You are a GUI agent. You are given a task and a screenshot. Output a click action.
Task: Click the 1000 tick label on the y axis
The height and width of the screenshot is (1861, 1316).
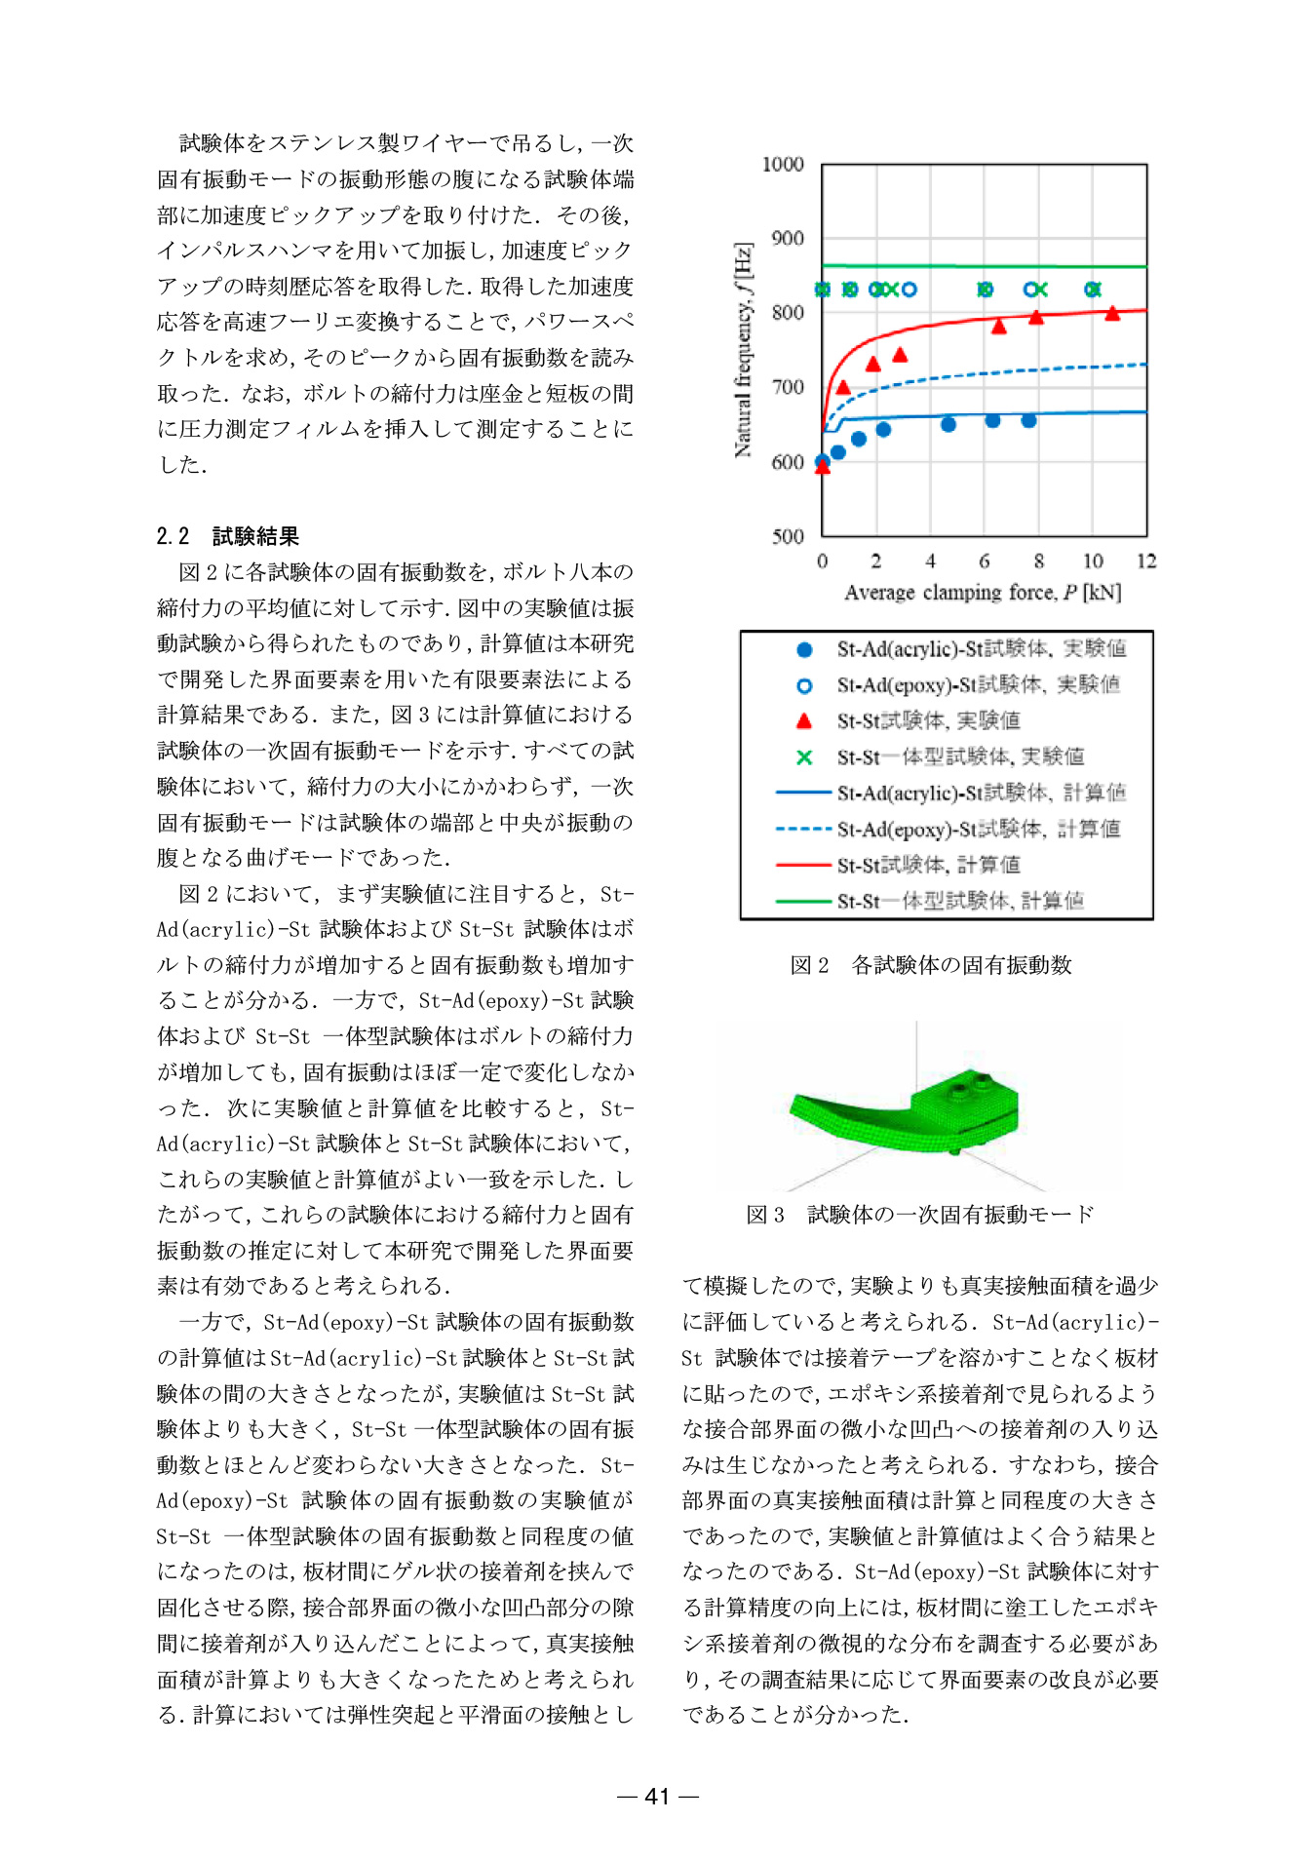pos(783,165)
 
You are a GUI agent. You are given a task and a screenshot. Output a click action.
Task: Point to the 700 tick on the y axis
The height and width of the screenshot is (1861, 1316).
pos(788,388)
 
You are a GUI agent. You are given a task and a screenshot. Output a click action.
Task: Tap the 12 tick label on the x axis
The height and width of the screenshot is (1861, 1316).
pos(1146,562)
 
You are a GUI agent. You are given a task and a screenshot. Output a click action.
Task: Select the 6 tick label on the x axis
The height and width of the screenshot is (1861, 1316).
pos(985,562)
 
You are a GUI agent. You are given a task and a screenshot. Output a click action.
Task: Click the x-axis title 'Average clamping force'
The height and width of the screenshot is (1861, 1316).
pos(982,593)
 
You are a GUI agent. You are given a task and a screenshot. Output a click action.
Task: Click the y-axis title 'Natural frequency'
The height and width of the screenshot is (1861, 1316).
pos(744,350)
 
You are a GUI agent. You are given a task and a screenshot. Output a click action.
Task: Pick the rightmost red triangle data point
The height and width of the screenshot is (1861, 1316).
pos(1112,314)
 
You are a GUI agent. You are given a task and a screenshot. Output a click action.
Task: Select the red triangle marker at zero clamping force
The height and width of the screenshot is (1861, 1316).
pos(823,467)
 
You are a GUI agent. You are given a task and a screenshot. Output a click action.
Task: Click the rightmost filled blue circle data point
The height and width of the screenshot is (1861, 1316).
pos(1028,421)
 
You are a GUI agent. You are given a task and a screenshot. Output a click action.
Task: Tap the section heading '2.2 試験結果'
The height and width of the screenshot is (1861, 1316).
pos(227,536)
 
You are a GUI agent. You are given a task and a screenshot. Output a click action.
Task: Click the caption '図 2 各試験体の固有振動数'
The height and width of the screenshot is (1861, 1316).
pos(930,965)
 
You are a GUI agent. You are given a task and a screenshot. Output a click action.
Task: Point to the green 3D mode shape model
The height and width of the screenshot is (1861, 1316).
pos(907,1111)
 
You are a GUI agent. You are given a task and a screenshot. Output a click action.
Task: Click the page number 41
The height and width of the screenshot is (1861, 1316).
pos(658,1797)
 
